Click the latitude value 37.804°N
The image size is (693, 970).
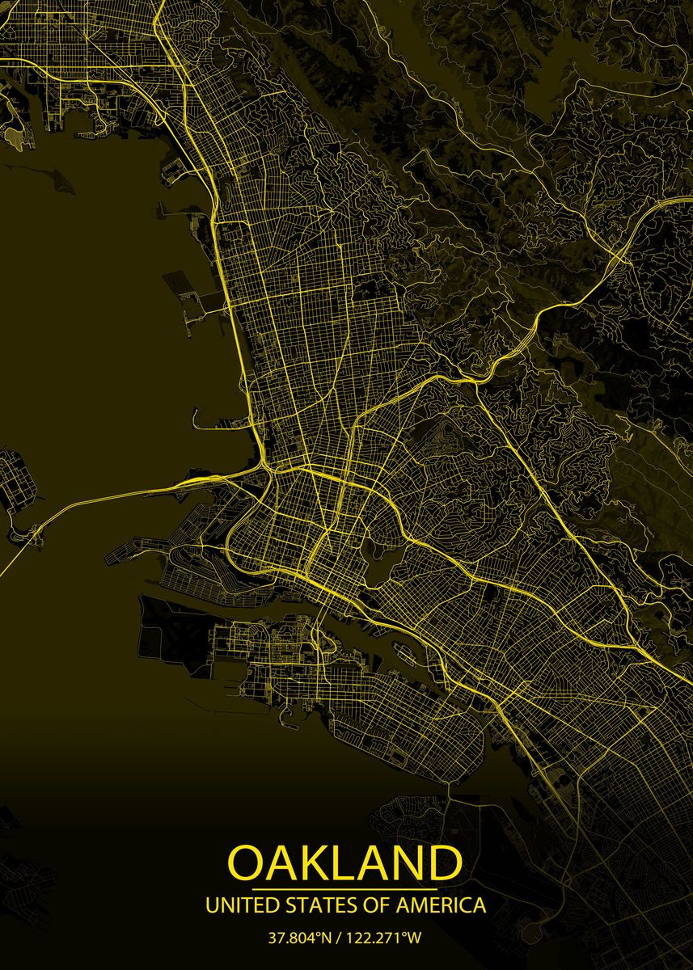coord(301,938)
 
